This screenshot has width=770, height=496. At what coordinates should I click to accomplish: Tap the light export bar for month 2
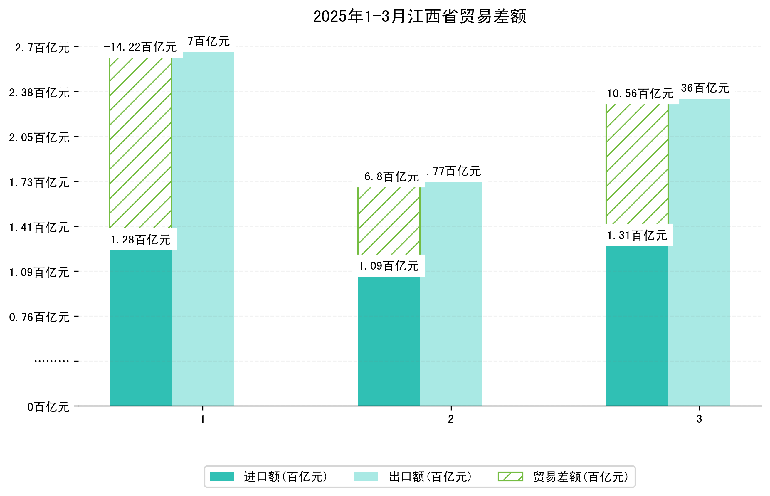[x=450, y=293]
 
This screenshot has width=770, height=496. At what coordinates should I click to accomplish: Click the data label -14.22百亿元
[x=140, y=47]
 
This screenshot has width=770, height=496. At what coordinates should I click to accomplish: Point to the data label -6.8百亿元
[x=389, y=176]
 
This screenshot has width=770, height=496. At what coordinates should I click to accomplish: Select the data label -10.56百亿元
[x=636, y=93]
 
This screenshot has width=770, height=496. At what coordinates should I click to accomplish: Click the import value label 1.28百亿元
[x=140, y=240]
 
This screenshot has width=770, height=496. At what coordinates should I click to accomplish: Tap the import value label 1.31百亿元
[x=636, y=236]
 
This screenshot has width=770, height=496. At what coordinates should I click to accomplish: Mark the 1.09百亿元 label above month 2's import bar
[x=389, y=266]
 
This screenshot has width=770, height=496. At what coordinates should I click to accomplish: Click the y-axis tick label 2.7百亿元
[x=42, y=48]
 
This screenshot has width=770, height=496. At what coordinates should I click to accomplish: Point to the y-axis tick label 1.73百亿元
[x=39, y=182]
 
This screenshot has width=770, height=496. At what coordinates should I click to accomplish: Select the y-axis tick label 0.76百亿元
[x=39, y=317]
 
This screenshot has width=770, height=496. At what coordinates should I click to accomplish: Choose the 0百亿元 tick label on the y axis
[x=48, y=407]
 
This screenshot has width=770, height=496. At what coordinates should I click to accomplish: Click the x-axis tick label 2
[x=450, y=419]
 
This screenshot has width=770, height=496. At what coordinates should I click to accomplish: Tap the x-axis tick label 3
[x=699, y=419]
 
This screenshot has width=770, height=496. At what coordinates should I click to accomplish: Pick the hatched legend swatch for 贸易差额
[x=510, y=476]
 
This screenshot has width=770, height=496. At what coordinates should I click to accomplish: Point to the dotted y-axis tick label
[x=51, y=361]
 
